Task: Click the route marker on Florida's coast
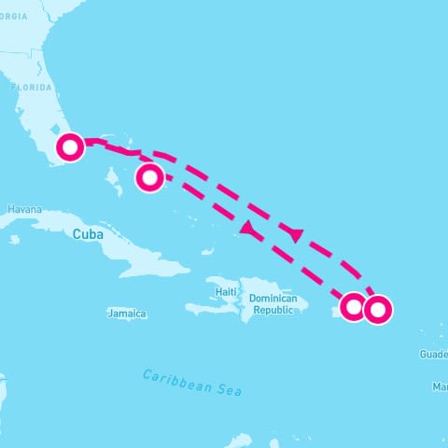point(71,147)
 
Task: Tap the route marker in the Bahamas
point(149,176)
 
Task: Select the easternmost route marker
point(377,309)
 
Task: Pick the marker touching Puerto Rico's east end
point(354,306)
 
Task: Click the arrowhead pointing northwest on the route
point(248,228)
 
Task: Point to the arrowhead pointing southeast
point(295,234)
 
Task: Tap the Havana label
point(24,210)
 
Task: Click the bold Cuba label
point(88,234)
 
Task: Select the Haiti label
point(226,291)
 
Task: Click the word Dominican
point(273,299)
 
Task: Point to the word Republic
point(274,310)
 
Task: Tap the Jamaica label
point(127,314)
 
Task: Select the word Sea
point(229,390)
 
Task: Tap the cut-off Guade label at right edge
point(433,355)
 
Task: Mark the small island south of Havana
point(15,239)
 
